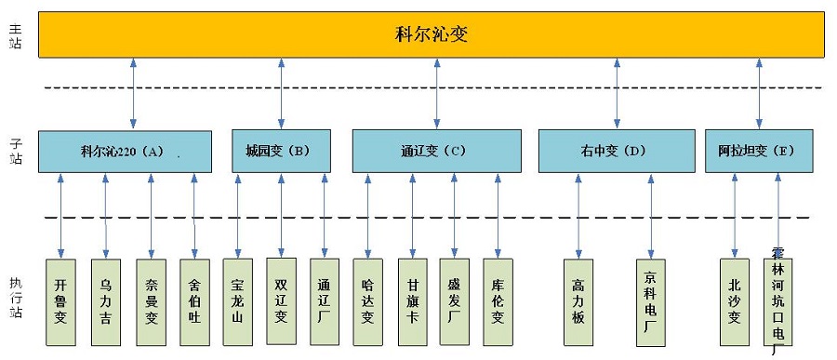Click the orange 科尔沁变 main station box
431,34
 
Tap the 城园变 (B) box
281,151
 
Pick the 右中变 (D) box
616,151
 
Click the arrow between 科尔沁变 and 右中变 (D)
617,93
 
